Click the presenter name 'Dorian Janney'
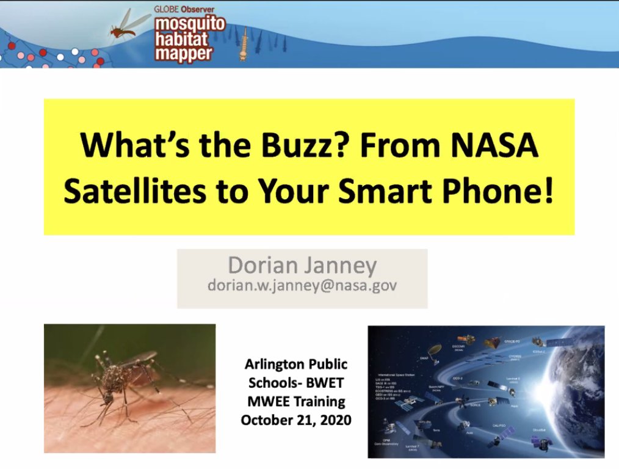click(x=302, y=266)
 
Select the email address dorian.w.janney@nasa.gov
click(x=302, y=285)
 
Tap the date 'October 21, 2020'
click(x=296, y=420)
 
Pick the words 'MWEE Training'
click(x=296, y=402)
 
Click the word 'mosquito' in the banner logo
click(x=189, y=25)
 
